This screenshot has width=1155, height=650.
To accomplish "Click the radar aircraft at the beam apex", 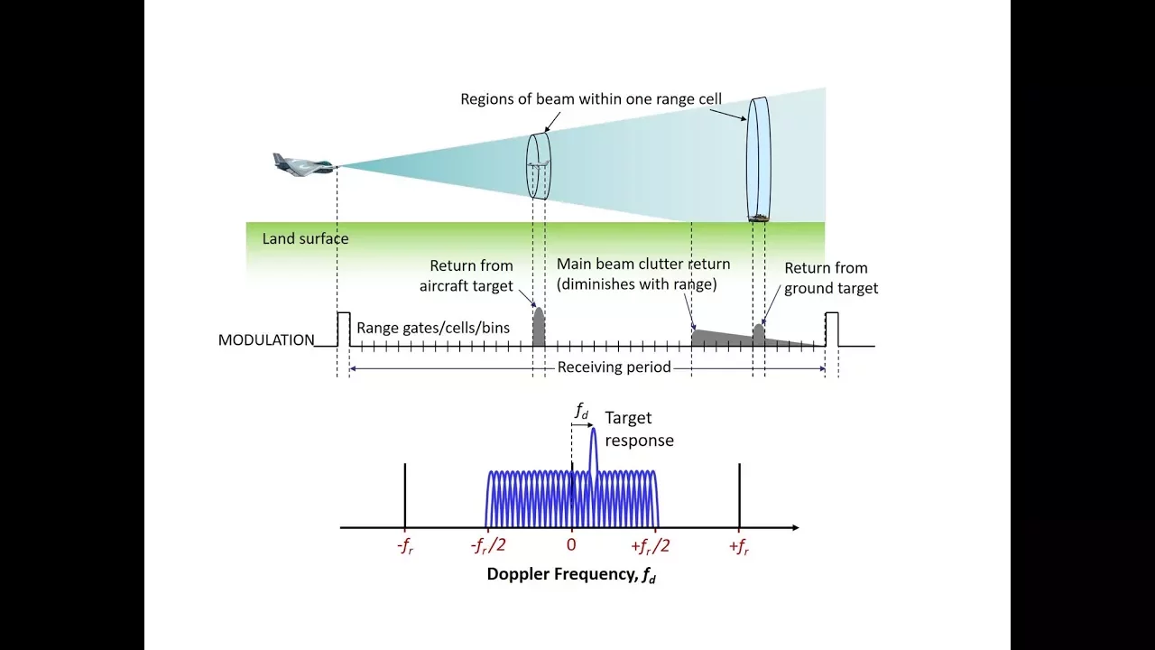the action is coord(305,165).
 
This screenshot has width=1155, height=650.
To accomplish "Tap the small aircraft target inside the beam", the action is coord(539,165).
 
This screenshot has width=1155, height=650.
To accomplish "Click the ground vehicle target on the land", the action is coord(759,218).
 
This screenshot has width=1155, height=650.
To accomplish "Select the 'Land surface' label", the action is coord(305,238).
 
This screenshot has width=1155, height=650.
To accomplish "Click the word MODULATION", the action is coord(266,340).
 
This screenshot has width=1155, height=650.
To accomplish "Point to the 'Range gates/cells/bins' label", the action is coord(433,328).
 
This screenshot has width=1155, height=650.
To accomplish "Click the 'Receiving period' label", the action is coord(614,367).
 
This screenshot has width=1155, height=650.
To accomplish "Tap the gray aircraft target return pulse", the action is coord(539,327).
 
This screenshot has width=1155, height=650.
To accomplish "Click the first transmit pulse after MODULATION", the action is coord(344,330).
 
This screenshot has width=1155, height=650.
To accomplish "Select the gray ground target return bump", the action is coord(759,333).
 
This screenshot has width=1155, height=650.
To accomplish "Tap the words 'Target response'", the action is coord(639,429).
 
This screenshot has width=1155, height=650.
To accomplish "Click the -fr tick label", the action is coord(405,546).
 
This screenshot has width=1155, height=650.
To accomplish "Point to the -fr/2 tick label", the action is coord(488,546).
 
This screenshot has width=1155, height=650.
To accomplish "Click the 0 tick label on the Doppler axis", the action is coord(571,544).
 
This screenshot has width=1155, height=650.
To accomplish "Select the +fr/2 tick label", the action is coord(650,546).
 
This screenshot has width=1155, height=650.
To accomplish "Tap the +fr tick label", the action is coord(739,546).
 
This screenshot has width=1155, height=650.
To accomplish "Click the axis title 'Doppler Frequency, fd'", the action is coord(571,574).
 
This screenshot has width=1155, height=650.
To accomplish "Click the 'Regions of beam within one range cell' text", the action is coord(591,98).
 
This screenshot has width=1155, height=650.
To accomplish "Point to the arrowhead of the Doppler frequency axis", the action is coord(796,527).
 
